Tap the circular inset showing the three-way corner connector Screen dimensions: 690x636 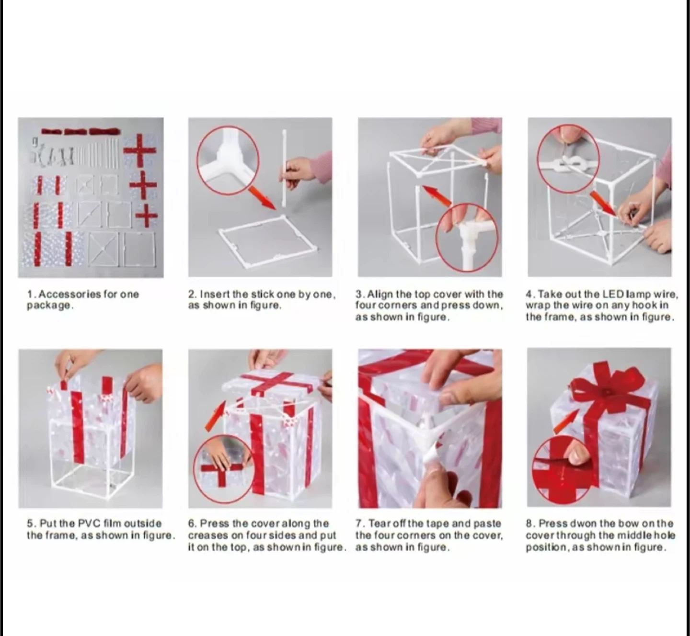pos(228,160)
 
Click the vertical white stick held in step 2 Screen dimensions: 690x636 pos(284,169)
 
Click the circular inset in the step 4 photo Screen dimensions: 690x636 pos(568,159)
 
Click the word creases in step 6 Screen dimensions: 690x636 pos(208,535)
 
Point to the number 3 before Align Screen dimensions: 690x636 pos(358,294)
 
